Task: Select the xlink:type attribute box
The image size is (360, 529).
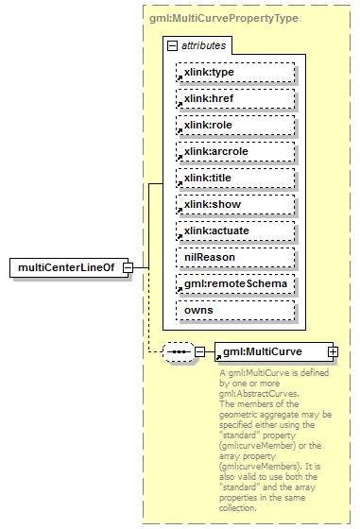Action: (x=235, y=72)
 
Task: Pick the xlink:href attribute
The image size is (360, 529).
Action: (x=235, y=98)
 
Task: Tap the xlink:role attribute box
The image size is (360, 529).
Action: (x=235, y=125)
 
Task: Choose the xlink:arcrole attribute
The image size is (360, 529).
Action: (x=235, y=151)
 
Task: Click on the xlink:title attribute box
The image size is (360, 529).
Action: (x=235, y=178)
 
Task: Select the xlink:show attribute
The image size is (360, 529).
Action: (x=235, y=204)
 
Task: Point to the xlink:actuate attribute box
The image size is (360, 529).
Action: (x=235, y=230)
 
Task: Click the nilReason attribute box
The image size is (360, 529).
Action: (x=235, y=257)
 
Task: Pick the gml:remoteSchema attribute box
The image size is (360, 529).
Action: (x=235, y=283)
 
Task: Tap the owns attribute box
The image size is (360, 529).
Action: (x=235, y=310)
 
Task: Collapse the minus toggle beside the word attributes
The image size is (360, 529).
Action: (x=171, y=45)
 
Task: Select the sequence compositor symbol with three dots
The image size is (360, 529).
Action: (x=178, y=352)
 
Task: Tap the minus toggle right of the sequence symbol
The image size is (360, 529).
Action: (x=199, y=352)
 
